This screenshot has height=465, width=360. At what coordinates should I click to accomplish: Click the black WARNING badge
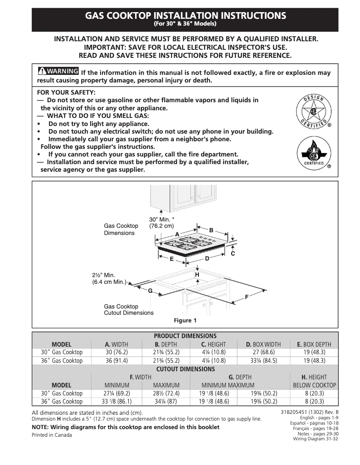[58, 72]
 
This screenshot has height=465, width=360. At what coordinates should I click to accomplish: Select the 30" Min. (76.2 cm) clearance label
[161, 222]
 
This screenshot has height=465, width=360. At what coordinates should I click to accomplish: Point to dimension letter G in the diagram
[150, 291]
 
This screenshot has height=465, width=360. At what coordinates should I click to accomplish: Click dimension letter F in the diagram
[246, 297]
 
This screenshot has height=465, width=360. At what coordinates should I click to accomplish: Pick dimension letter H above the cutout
[197, 274]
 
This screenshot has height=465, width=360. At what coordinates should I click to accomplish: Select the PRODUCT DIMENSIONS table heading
[185, 336]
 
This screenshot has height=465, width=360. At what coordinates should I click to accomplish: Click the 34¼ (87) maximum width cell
[166, 402]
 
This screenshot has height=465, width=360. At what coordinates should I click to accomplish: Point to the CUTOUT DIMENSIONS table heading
[185, 369]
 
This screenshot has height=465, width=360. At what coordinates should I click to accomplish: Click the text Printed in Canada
[52, 435]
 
